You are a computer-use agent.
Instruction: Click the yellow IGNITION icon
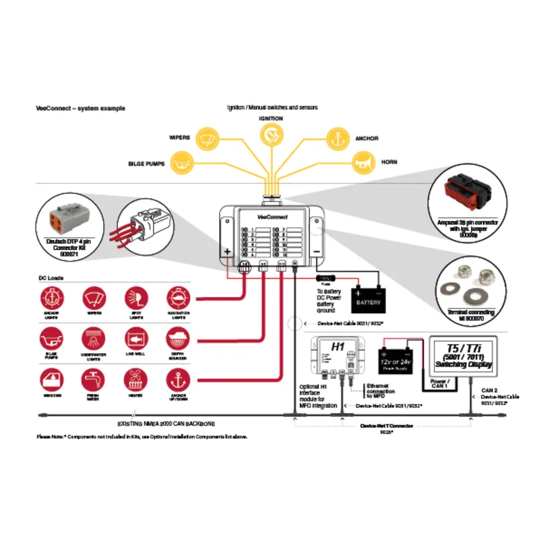tap(270, 135)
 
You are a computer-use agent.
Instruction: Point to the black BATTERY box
tap(369, 296)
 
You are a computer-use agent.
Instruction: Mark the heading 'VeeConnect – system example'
tap(80, 108)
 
